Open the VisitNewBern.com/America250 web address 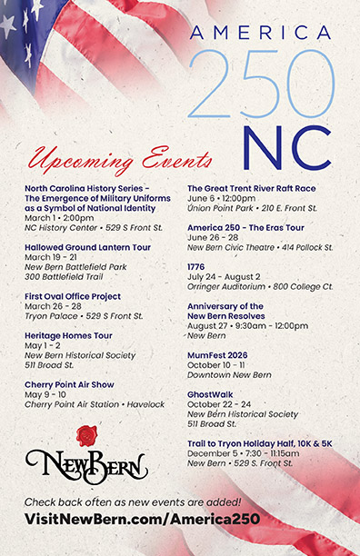click(x=142, y=519)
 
